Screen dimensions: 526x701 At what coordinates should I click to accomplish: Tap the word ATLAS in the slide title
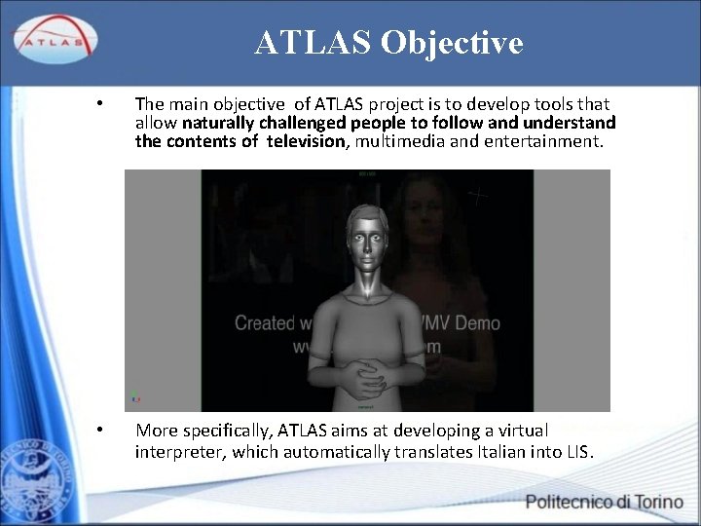tap(313, 43)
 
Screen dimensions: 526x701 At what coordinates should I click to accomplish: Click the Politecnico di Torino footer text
tap(604, 503)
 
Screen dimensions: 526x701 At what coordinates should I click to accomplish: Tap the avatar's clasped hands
tap(367, 372)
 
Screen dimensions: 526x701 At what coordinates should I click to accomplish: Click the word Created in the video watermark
tap(264, 323)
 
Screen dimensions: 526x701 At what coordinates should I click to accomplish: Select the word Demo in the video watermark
tap(477, 323)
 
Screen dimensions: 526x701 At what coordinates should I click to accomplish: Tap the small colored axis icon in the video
tap(135, 397)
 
